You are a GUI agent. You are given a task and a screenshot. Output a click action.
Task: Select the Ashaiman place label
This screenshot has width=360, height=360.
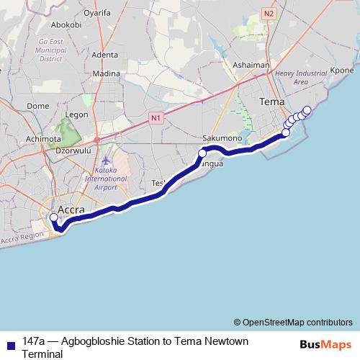(x=251, y=65)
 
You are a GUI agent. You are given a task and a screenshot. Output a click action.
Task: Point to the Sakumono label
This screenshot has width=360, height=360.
(x=220, y=138)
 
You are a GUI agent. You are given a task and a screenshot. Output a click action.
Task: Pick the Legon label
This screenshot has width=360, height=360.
(x=76, y=114)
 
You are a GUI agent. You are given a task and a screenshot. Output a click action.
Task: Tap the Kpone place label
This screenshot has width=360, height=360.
(x=341, y=71)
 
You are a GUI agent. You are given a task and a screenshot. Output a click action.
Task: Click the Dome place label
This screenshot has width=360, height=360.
(x=37, y=105)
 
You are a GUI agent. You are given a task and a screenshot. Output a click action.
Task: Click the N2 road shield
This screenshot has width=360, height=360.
(x=269, y=13)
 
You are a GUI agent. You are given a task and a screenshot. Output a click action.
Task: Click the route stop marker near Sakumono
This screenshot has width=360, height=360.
(x=202, y=153)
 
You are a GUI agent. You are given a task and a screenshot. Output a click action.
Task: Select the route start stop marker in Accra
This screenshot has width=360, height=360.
(x=53, y=217)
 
